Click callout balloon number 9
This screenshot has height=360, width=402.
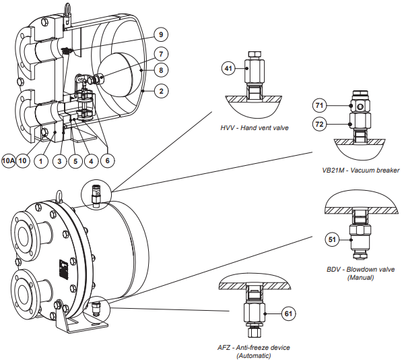tap(160, 34)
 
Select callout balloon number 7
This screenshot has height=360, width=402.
tap(160, 53)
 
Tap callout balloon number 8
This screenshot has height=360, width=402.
tap(160, 69)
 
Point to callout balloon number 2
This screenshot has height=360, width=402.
tap(160, 90)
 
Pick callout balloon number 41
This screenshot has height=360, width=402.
tap(228, 68)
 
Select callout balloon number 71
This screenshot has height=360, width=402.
tap(320, 106)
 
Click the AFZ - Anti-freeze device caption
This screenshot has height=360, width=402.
tap(253, 351)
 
